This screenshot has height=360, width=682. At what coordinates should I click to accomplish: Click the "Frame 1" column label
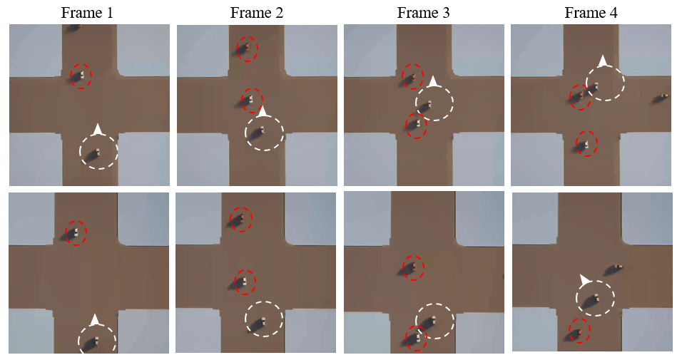87,13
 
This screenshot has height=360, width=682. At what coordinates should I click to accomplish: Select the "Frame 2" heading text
257,13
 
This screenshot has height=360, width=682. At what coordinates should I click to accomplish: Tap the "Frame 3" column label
423,13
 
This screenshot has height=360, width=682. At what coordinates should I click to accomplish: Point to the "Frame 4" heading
591,13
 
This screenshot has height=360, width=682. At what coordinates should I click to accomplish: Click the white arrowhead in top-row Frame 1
98,129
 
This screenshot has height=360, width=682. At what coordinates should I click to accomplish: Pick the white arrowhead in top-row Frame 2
262,111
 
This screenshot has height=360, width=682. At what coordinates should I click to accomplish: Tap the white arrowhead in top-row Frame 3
433,81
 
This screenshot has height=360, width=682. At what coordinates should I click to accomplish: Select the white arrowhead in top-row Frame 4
602,61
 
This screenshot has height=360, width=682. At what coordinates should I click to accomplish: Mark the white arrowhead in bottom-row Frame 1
96,319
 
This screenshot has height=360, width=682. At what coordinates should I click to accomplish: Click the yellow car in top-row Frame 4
661,98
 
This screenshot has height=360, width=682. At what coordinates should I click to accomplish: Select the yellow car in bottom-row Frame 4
614,269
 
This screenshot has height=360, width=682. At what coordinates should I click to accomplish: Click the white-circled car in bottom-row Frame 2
259,324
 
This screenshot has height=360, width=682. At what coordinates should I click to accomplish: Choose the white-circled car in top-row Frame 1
93,155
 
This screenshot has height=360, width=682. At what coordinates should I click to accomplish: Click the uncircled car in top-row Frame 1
74,28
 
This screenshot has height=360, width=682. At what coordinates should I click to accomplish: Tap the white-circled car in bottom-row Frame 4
591,299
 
